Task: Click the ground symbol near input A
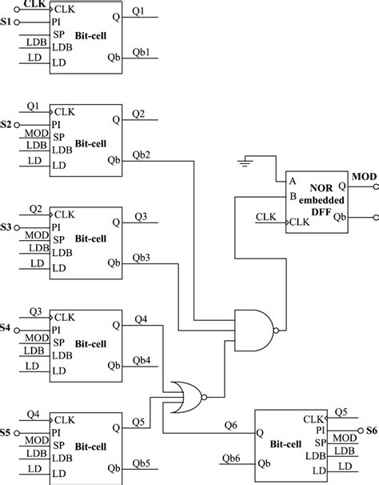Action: click(x=245, y=162)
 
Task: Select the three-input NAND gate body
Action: click(x=254, y=331)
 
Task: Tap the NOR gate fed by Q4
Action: click(x=186, y=397)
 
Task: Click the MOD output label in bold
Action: click(x=364, y=177)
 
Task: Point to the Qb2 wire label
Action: click(x=142, y=154)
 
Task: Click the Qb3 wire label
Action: click(x=142, y=258)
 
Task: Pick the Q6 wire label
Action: click(x=230, y=426)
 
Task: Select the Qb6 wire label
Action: click(x=231, y=458)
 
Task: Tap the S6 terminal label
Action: click(x=372, y=431)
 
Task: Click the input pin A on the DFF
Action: click(x=293, y=181)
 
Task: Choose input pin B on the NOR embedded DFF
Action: click(x=293, y=196)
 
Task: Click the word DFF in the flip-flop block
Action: click(x=321, y=212)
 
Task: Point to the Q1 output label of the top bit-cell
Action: click(x=138, y=11)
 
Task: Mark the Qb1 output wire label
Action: click(x=141, y=52)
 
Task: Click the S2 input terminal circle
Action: click(x=17, y=125)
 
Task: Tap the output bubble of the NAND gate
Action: click(x=276, y=331)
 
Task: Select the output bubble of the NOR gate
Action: click(x=204, y=397)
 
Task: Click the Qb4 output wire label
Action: click(x=142, y=360)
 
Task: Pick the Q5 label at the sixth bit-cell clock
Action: click(x=341, y=412)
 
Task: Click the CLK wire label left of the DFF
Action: click(x=265, y=217)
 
